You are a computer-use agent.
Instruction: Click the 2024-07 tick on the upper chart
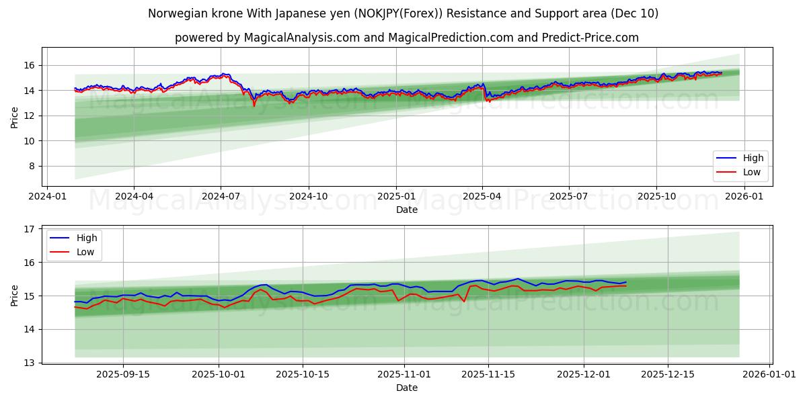pyautogui.click(x=221, y=196)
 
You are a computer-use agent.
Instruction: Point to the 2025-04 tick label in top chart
pyautogui.click(x=482, y=196)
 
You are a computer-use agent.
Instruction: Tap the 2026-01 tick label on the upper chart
pyautogui.click(x=744, y=196)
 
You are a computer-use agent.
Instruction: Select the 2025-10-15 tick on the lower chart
pyautogui.click(x=302, y=374)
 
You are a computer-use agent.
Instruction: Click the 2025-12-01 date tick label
pyautogui.click(x=584, y=374)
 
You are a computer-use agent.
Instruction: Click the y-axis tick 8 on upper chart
pyautogui.click(x=31, y=166)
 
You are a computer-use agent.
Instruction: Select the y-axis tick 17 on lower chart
pyautogui.click(x=28, y=229)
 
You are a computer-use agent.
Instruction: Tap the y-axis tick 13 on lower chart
pyautogui.click(x=28, y=363)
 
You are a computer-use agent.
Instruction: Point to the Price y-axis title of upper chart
pyautogui.click(x=15, y=117)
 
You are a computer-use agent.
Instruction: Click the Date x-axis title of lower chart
pyautogui.click(x=407, y=388)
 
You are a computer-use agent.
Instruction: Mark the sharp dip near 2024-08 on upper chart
pyautogui.click(x=254, y=105)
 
